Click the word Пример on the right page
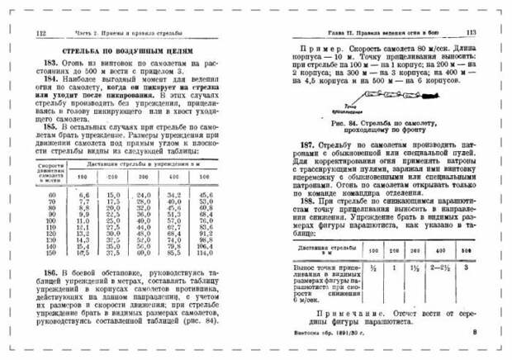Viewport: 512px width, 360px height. tap(320, 50)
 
